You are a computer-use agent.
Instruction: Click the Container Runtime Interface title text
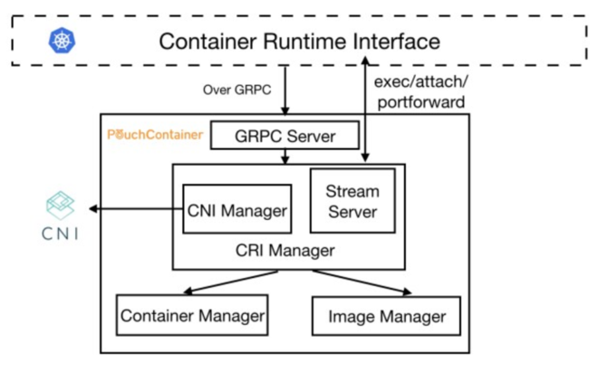[x=299, y=41]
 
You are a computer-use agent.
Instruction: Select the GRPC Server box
[x=284, y=137]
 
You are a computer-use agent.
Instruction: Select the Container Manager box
[x=192, y=316]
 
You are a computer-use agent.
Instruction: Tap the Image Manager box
[x=387, y=316]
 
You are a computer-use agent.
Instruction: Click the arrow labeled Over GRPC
[x=284, y=91]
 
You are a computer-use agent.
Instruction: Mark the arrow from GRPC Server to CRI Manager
[x=284, y=157]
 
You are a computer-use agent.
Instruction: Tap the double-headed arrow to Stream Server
[x=364, y=109]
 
